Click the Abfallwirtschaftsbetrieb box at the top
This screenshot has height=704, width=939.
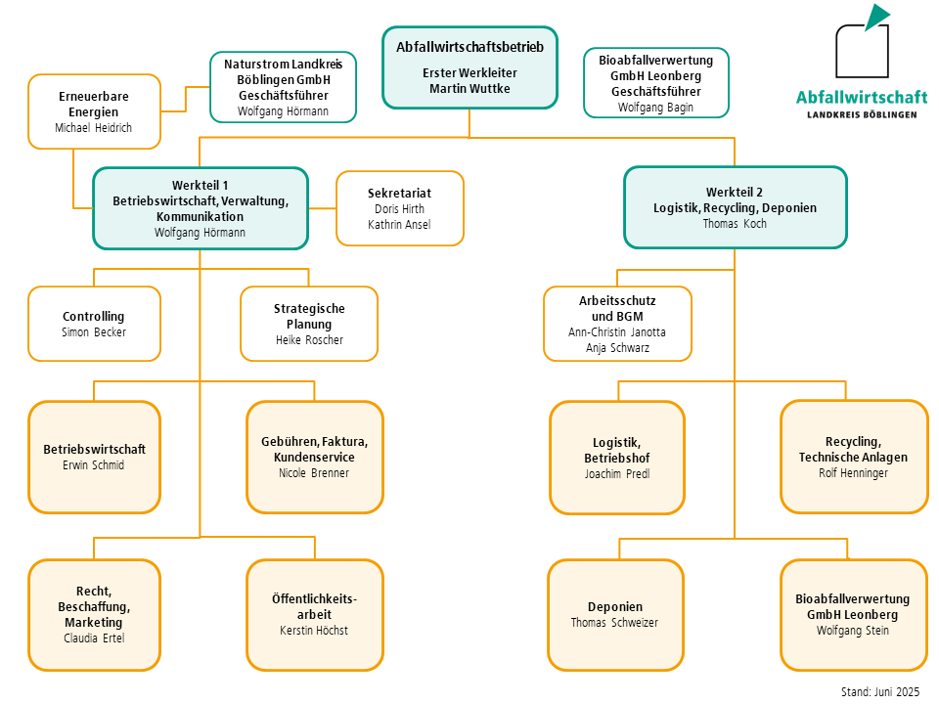point(469,66)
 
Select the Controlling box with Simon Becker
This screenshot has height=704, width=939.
point(94,324)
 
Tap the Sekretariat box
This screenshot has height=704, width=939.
point(399,208)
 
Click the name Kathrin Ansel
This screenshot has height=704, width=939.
point(399,225)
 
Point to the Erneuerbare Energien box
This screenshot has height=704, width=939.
point(94,111)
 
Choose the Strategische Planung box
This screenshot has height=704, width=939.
point(309,324)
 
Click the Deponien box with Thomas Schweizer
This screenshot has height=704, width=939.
point(615,614)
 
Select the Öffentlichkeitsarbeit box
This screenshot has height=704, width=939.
point(314,614)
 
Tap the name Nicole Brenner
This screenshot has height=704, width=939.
point(314,473)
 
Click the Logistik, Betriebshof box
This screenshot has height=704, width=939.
point(616,458)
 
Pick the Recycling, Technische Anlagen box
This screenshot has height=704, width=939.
point(853,457)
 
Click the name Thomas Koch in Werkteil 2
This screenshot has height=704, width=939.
point(735,224)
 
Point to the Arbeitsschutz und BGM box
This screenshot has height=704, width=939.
point(617,324)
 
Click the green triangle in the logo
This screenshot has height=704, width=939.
point(875,17)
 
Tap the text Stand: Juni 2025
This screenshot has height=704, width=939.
point(880,691)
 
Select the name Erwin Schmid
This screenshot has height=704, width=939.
point(94,465)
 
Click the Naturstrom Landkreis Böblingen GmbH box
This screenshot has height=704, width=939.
point(284,87)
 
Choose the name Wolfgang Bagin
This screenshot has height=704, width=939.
point(655,108)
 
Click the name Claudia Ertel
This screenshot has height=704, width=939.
point(94,638)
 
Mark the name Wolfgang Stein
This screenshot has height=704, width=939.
point(853,631)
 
